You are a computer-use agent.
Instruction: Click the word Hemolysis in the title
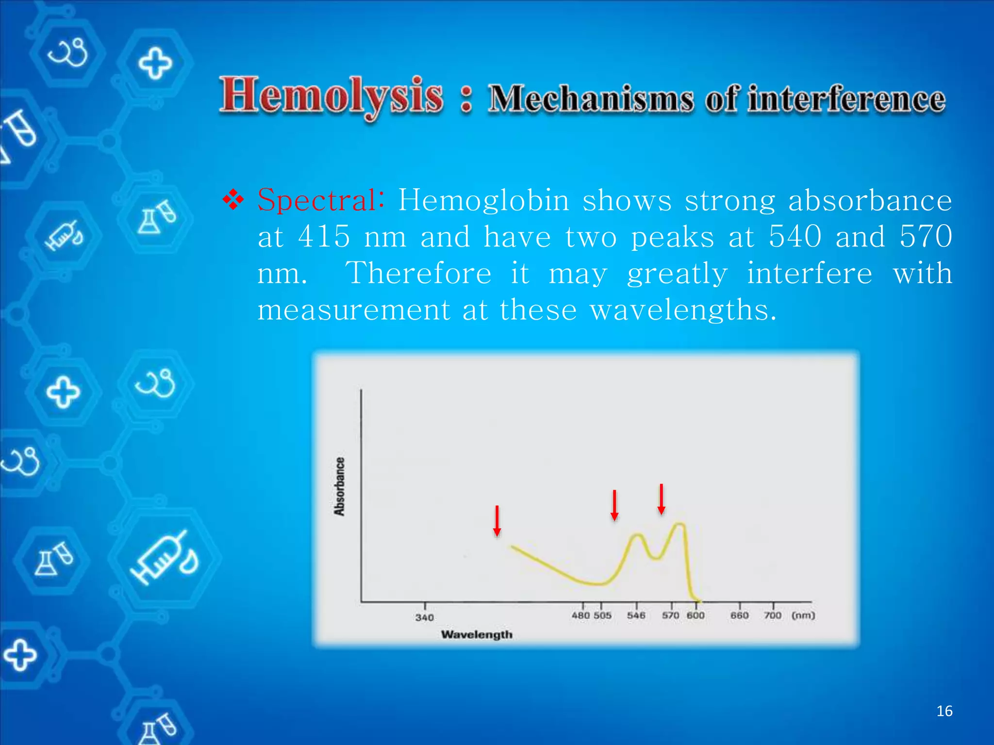[x=331, y=96]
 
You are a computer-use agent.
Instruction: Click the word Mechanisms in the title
[x=591, y=99]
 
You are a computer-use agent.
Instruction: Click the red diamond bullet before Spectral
[x=233, y=200]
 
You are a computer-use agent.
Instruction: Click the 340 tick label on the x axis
[x=424, y=617]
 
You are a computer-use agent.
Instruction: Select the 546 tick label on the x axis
[x=636, y=615]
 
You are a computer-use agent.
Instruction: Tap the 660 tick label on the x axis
[x=739, y=615]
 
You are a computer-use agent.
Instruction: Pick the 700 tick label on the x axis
[x=773, y=615]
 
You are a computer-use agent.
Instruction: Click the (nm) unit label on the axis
[x=803, y=615]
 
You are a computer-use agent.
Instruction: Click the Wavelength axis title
[x=477, y=634]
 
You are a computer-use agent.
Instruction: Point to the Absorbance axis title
[x=340, y=486]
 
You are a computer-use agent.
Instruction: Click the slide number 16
[x=944, y=711]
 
